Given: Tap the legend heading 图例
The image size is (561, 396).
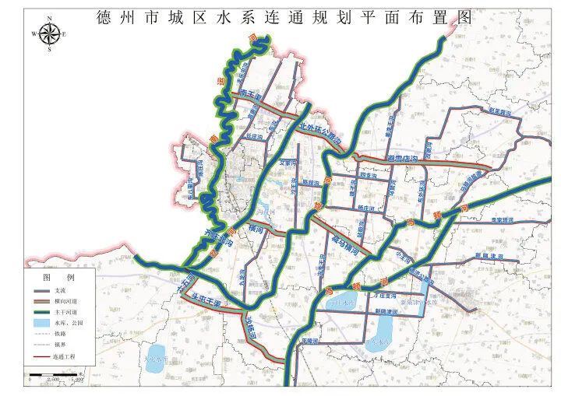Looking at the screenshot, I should coord(58,278).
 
